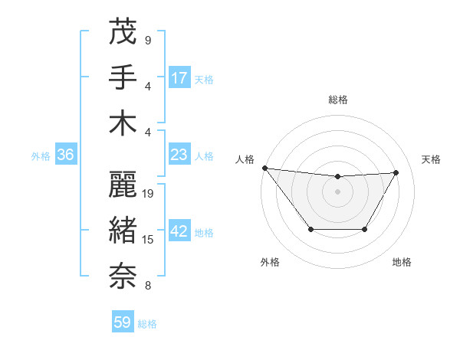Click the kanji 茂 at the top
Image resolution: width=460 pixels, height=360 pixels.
[123, 31]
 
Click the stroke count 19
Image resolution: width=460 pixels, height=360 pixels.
[149, 194]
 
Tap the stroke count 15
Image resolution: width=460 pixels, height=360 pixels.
[149, 240]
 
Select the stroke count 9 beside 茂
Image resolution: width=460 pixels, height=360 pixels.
[148, 40]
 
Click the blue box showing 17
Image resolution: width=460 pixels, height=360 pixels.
[179, 77]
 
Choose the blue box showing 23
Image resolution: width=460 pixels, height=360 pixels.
[179, 155]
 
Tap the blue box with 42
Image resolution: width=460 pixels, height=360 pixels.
[179, 232]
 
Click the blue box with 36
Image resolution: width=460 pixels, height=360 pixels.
[65, 155]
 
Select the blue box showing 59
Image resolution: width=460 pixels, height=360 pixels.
[123, 322]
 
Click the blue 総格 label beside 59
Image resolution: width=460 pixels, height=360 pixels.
[147, 324]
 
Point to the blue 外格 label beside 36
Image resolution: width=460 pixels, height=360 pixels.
[41, 156]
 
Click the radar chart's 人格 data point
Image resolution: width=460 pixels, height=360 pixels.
[264, 168]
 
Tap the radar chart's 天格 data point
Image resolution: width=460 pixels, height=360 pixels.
[396, 173]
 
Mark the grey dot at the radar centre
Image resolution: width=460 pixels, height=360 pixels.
[337, 191]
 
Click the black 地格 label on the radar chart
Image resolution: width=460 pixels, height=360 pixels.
[402, 262]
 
